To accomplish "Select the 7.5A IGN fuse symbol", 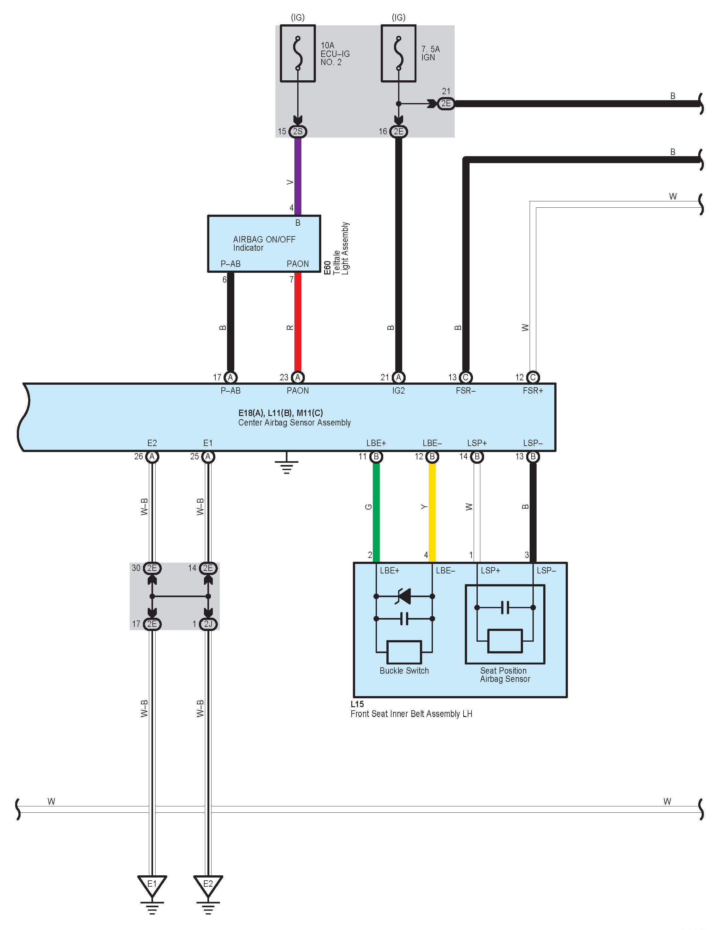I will pyautogui.click(x=398, y=53).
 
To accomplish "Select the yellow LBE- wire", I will pyautogui.click(x=432, y=511).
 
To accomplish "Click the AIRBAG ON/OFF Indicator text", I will pyautogui.click(x=264, y=243).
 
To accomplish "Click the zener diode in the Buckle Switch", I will pyautogui.click(x=404, y=596).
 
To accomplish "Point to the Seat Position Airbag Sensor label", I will pyautogui.click(x=505, y=675).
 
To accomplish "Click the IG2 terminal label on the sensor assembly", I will pyautogui.click(x=398, y=390).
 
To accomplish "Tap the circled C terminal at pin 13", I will pyautogui.click(x=466, y=377).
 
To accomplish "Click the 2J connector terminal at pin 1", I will pyautogui.click(x=208, y=624).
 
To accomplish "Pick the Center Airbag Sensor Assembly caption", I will pyautogui.click(x=294, y=422).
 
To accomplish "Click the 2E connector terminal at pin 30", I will pyautogui.click(x=152, y=568).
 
